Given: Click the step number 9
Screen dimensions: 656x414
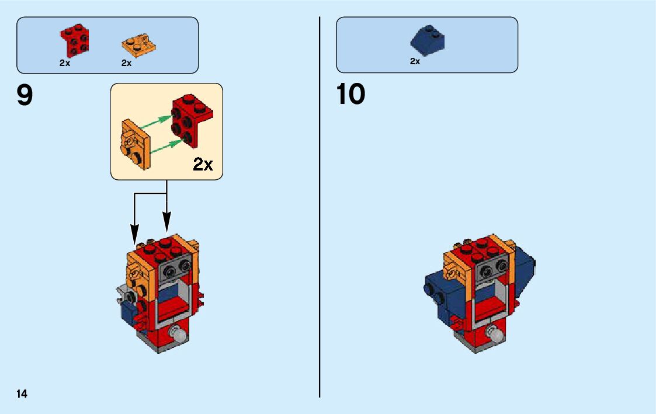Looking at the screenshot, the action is [x=25, y=95].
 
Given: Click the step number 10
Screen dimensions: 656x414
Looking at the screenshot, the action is [x=350, y=95].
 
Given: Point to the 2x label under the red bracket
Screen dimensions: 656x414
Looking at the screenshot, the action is [x=65, y=63].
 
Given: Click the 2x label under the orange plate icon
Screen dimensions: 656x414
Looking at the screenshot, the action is [x=126, y=63].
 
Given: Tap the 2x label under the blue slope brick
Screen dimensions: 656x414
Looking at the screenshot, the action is [x=415, y=61].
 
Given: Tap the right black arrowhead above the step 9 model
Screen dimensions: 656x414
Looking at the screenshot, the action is [x=167, y=225].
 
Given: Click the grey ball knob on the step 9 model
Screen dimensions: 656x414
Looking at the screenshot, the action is [x=178, y=335].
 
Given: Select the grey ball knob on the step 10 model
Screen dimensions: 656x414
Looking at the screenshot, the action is [x=495, y=335].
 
